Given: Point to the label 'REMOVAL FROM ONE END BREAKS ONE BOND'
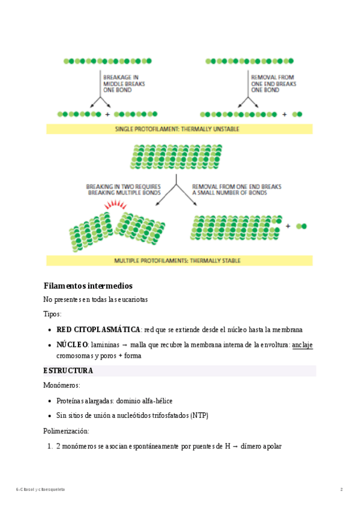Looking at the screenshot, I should click(x=273, y=83).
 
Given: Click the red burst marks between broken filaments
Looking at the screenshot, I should click(x=114, y=205).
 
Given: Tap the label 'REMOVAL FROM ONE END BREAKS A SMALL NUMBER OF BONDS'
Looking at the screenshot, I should click(x=236, y=190).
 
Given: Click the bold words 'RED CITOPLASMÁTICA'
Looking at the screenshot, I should click(x=98, y=330).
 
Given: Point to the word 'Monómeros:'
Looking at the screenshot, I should click(x=62, y=385).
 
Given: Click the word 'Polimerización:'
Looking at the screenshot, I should click(x=67, y=431).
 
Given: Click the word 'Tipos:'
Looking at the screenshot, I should click(x=52, y=314).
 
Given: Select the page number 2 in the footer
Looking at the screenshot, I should click(x=341, y=489).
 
